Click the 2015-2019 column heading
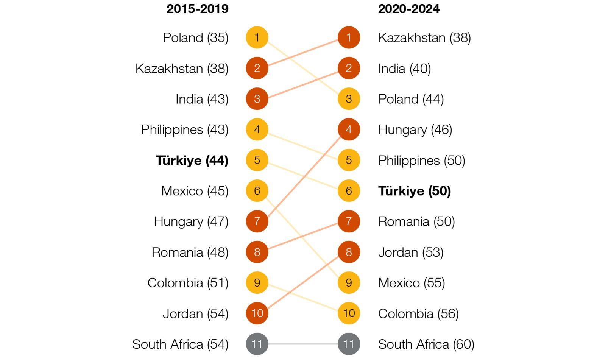(x=197, y=9)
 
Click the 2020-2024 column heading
(x=408, y=9)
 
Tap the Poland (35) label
(x=195, y=38)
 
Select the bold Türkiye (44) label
(x=192, y=161)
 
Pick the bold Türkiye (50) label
(x=414, y=191)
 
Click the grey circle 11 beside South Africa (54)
(x=257, y=344)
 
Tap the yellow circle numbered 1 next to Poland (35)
(x=257, y=37)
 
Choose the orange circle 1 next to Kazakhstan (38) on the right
(x=349, y=37)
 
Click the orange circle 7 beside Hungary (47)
(x=257, y=221)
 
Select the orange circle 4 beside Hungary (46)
(x=349, y=129)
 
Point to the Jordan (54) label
(x=195, y=314)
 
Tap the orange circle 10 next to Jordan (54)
(x=257, y=313)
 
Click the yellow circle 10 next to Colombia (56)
(x=349, y=313)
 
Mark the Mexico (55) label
(x=411, y=283)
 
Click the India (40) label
(x=404, y=69)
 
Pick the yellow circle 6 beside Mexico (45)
(x=257, y=191)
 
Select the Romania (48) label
(x=190, y=252)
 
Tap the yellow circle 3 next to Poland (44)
(x=349, y=99)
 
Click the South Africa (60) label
(x=426, y=344)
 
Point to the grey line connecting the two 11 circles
(x=303, y=344)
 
